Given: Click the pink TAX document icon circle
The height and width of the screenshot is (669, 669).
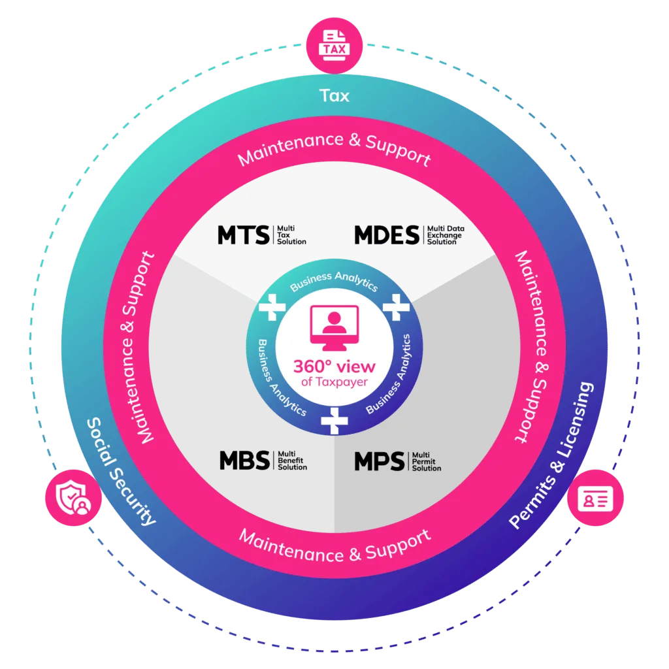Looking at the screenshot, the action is [x=334, y=46].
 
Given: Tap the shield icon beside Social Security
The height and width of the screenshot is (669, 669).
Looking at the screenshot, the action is [x=73, y=497].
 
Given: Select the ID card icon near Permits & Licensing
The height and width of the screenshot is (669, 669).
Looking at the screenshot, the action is [x=595, y=497].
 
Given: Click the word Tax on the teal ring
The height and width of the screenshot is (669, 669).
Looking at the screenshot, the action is [x=334, y=95].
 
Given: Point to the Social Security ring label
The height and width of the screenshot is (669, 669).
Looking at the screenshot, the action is [x=120, y=472].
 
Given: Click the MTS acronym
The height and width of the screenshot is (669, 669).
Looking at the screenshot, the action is [x=244, y=235].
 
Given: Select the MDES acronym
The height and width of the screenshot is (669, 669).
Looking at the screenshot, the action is [x=387, y=235].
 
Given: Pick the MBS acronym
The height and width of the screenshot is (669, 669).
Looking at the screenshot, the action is [x=244, y=461].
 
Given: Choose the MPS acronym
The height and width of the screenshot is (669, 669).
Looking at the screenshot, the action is [x=380, y=461].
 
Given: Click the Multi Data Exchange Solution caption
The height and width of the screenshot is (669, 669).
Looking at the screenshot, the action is [x=446, y=235].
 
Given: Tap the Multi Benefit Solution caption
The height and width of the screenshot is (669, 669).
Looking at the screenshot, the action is [x=292, y=461].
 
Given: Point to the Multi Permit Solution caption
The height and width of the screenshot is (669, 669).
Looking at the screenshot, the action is [x=426, y=461].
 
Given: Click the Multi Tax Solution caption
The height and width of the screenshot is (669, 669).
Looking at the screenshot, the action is [x=291, y=235].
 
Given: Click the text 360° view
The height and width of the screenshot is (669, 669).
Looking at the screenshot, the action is [x=334, y=367].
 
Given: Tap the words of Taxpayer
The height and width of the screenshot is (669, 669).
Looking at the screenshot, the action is [x=334, y=382].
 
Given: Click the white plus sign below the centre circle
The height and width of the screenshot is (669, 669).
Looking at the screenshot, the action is [x=334, y=421].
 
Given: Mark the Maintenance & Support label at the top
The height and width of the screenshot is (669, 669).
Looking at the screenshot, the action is [x=334, y=149].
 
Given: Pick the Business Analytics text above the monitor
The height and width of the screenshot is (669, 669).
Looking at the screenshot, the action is [x=334, y=280].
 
